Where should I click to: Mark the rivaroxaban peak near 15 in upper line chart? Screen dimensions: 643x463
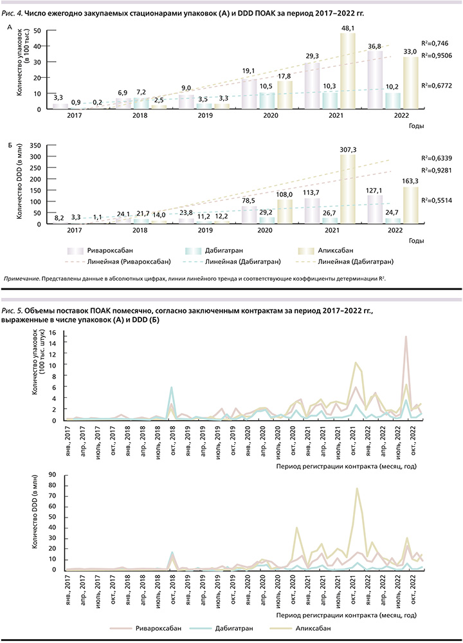(405, 337)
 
